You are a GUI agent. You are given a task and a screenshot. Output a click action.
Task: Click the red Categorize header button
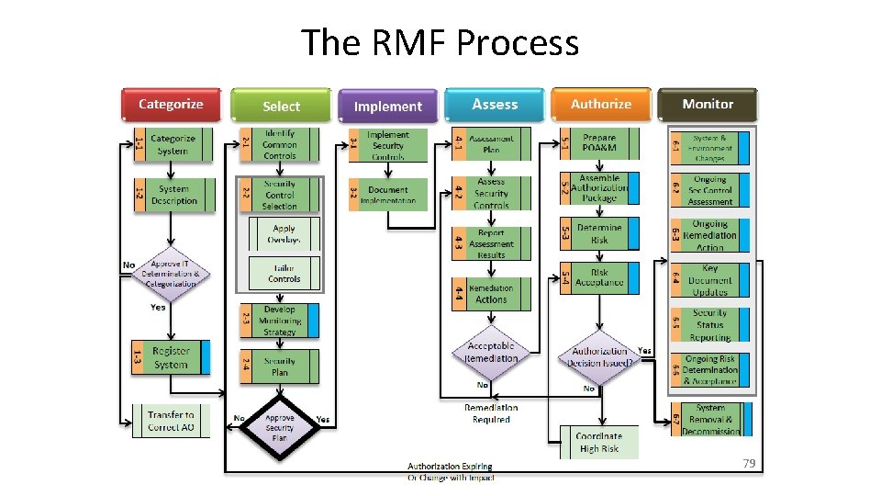point(172,105)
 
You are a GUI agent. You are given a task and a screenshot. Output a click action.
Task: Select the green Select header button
point(280,106)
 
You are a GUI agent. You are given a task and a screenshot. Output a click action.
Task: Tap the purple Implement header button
point(387,107)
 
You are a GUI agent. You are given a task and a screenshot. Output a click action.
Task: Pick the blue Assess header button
point(495,105)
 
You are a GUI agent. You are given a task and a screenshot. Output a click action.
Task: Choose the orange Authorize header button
point(601,105)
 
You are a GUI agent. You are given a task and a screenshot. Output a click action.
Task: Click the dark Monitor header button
point(708,105)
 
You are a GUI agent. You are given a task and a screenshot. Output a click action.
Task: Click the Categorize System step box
point(173,144)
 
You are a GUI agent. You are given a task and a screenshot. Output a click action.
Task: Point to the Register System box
point(172,357)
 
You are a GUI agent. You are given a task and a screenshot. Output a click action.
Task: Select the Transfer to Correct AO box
point(171,421)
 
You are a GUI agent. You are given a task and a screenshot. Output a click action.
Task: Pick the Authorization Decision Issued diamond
point(601,356)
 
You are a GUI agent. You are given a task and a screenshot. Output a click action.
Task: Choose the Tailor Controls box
point(284,273)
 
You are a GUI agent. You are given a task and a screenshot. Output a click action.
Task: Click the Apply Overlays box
point(284,234)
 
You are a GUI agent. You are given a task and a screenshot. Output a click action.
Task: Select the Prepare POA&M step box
point(599,142)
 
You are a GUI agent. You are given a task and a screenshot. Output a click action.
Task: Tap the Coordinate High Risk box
point(598,442)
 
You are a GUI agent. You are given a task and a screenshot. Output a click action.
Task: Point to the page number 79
point(749,464)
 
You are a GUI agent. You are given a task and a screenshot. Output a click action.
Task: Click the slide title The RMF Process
point(440,43)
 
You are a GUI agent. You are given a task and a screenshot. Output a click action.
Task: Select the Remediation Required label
point(491,413)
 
